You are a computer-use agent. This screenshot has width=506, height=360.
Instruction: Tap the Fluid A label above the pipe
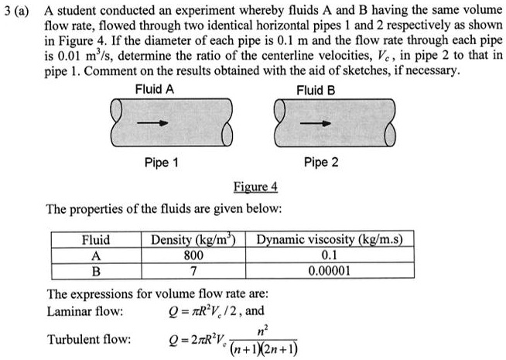(x=154, y=90)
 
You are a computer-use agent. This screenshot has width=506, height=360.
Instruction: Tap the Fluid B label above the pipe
(x=316, y=90)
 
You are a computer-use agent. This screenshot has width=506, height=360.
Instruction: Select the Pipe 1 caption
(x=162, y=163)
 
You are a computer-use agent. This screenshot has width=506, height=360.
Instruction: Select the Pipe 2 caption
(x=322, y=163)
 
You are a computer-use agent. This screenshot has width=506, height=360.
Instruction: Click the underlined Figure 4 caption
(x=255, y=188)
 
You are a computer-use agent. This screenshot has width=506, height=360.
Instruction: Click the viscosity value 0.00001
(x=334, y=271)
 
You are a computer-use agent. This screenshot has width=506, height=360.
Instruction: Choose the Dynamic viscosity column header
(x=334, y=239)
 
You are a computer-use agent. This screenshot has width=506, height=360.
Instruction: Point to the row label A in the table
(x=96, y=255)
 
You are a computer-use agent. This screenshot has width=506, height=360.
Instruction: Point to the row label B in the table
(x=96, y=271)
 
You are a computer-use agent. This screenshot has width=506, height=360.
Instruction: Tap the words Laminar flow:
(x=85, y=312)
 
